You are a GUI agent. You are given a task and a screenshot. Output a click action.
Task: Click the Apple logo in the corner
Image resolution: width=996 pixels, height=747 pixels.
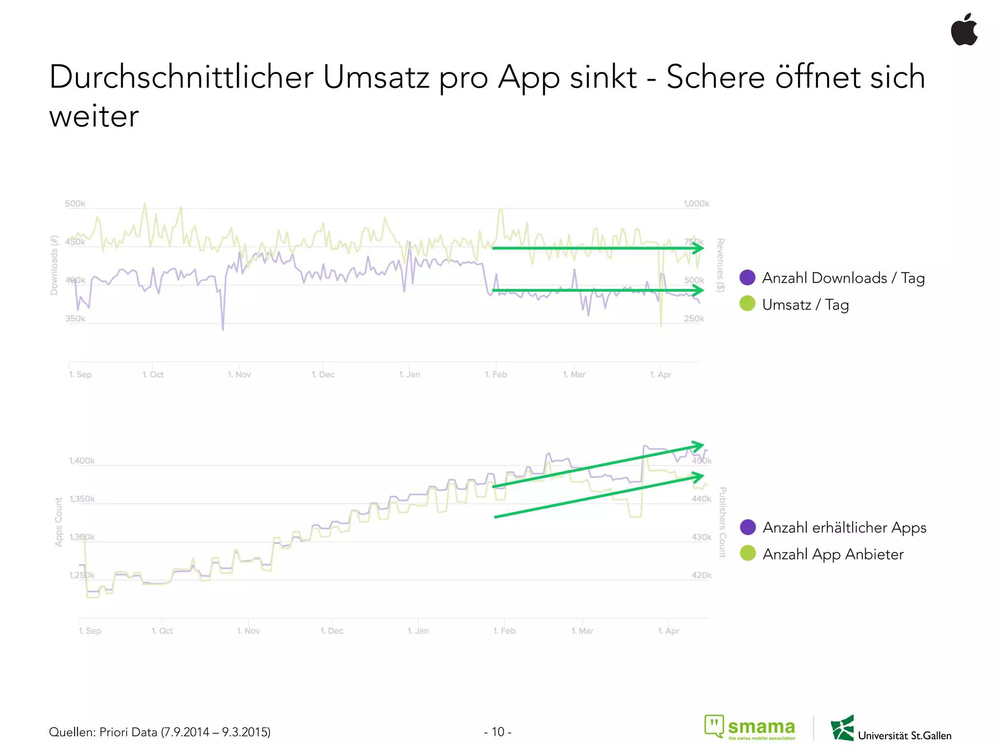964,30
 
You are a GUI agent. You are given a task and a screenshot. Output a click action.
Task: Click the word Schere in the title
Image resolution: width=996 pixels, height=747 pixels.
715,77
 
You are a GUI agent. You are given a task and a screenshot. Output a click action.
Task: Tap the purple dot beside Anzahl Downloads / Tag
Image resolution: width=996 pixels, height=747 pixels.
747,278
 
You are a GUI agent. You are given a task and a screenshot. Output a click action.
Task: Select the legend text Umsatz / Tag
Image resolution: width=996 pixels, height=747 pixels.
805,305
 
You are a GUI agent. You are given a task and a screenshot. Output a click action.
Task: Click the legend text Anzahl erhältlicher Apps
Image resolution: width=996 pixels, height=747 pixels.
844,528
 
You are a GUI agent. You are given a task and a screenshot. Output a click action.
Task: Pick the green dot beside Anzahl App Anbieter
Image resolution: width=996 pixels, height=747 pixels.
747,553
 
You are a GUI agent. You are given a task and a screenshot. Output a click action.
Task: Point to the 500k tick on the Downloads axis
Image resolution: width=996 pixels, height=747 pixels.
75,203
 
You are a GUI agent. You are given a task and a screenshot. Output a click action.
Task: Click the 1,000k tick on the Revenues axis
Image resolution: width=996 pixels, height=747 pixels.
696,203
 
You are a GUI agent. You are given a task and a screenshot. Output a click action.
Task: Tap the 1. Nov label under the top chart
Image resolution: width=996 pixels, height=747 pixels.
239,374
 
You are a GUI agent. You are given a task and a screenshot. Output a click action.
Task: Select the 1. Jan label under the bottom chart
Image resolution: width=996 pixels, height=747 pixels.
418,631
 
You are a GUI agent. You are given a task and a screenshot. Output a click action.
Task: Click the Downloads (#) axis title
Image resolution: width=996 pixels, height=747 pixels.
54,265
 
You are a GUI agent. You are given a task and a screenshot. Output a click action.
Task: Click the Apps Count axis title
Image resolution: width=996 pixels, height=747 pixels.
59,522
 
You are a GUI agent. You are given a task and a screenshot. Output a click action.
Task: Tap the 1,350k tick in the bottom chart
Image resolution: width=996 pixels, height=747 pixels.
82,499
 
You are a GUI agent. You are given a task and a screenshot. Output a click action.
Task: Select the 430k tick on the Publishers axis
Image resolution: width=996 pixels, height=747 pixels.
701,537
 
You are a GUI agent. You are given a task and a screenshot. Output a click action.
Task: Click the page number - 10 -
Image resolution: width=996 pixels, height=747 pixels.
498,732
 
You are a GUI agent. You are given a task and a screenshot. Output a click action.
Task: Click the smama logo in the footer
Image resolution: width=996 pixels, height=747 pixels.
750,728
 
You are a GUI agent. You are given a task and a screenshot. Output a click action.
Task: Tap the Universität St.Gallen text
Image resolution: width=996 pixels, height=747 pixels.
904,735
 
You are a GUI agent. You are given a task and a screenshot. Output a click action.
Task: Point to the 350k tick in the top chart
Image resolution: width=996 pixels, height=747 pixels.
75,319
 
